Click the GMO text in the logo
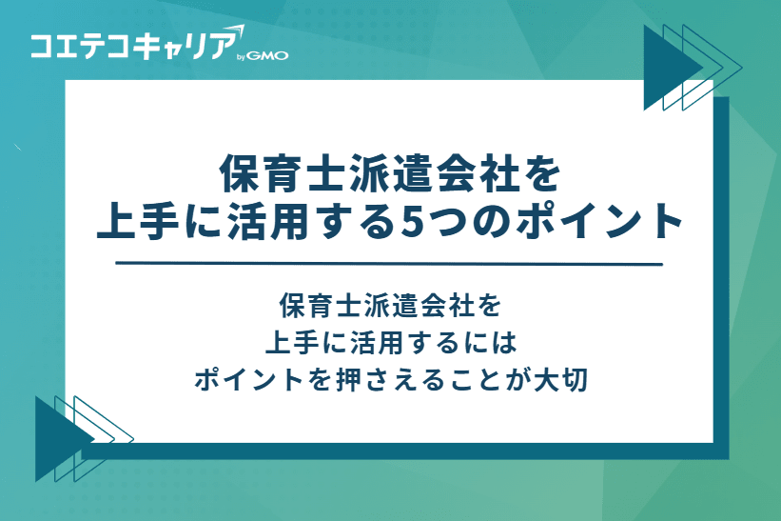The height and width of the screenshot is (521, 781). point(269,55)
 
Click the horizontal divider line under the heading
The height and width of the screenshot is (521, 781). point(389,264)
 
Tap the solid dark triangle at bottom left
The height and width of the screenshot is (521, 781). point(59,437)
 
